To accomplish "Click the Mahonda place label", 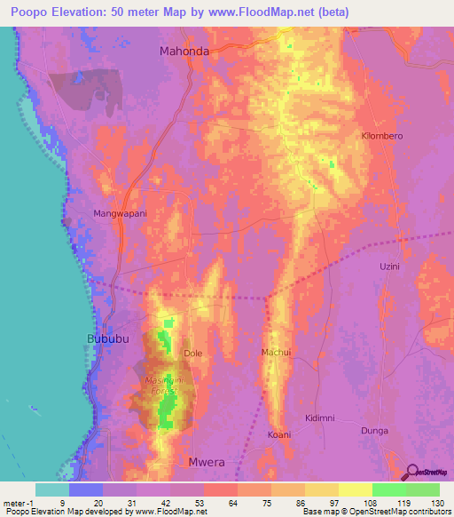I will [x=184, y=52].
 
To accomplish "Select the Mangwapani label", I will [x=121, y=214].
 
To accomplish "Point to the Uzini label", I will [x=390, y=266].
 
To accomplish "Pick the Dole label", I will [x=193, y=354].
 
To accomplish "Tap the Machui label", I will [x=276, y=353].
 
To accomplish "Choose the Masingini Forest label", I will [x=161, y=385].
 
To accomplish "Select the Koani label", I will [x=279, y=434].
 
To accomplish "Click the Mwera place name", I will [x=204, y=462].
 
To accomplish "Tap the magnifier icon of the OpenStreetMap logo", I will [x=411, y=473].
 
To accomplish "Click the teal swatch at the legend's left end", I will [x=51, y=489].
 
